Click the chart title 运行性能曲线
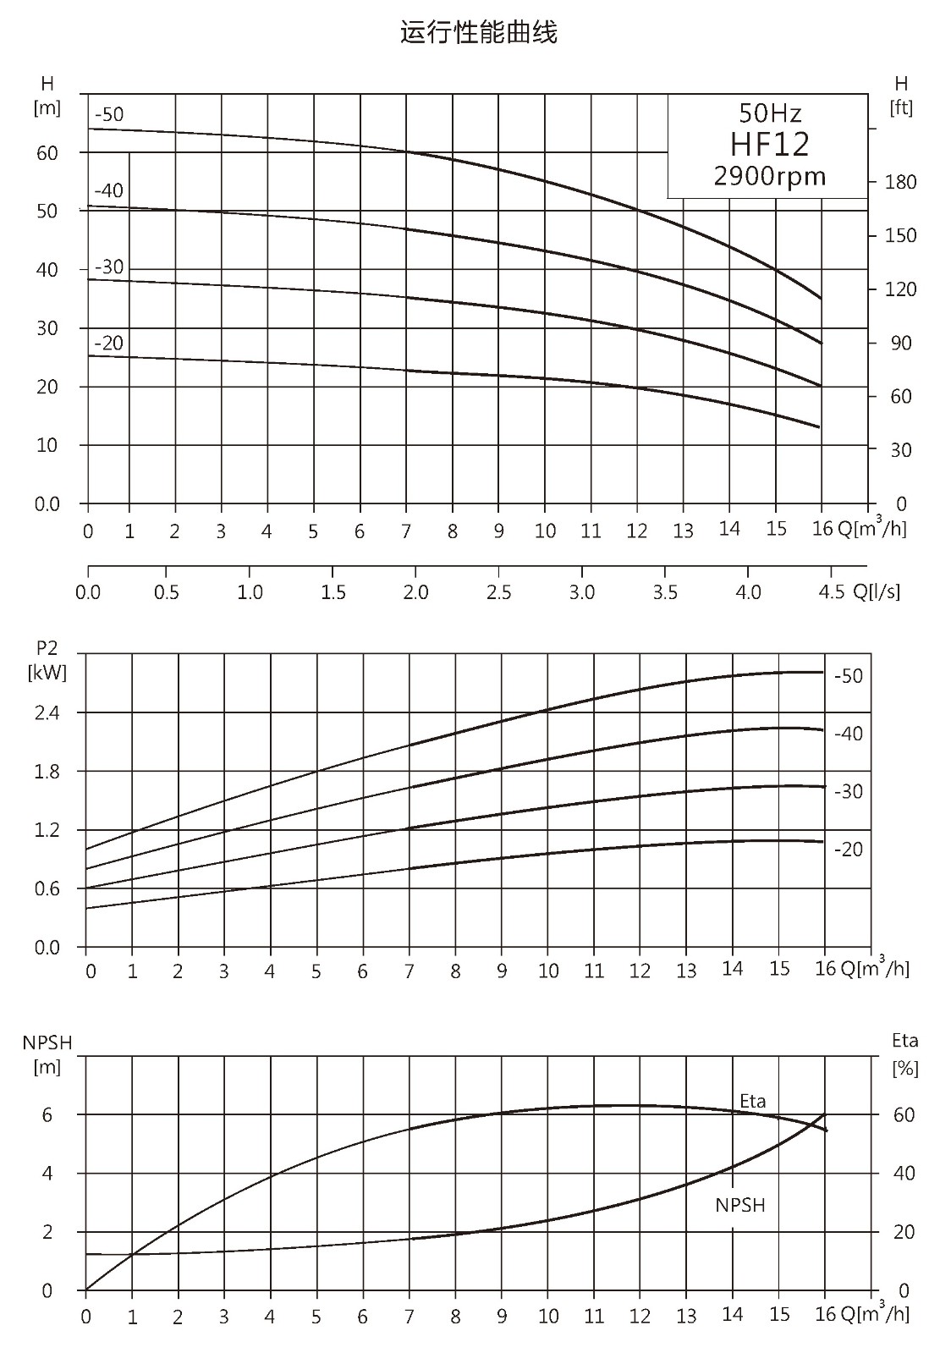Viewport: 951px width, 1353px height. (x=478, y=33)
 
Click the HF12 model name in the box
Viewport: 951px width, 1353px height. (x=769, y=144)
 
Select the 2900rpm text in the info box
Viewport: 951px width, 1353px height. (x=770, y=176)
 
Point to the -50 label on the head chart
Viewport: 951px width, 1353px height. (x=108, y=114)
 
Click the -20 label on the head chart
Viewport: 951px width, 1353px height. (x=108, y=343)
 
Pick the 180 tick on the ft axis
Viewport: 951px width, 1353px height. (x=901, y=182)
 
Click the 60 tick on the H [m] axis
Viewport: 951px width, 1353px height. (x=47, y=153)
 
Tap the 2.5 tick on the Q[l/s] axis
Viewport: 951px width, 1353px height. (x=498, y=592)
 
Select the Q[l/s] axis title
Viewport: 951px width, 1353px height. (x=877, y=592)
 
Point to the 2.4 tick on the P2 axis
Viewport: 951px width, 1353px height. (x=47, y=713)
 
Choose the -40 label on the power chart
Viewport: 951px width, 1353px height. (x=849, y=734)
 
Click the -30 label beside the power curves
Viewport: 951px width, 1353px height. (x=849, y=791)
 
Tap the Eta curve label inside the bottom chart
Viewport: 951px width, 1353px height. (x=753, y=1101)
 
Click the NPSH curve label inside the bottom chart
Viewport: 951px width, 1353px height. (x=739, y=1205)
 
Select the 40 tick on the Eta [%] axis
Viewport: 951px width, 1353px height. (x=904, y=1173)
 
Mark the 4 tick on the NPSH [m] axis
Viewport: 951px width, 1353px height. (x=47, y=1173)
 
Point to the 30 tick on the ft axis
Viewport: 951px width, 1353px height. (x=901, y=450)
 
